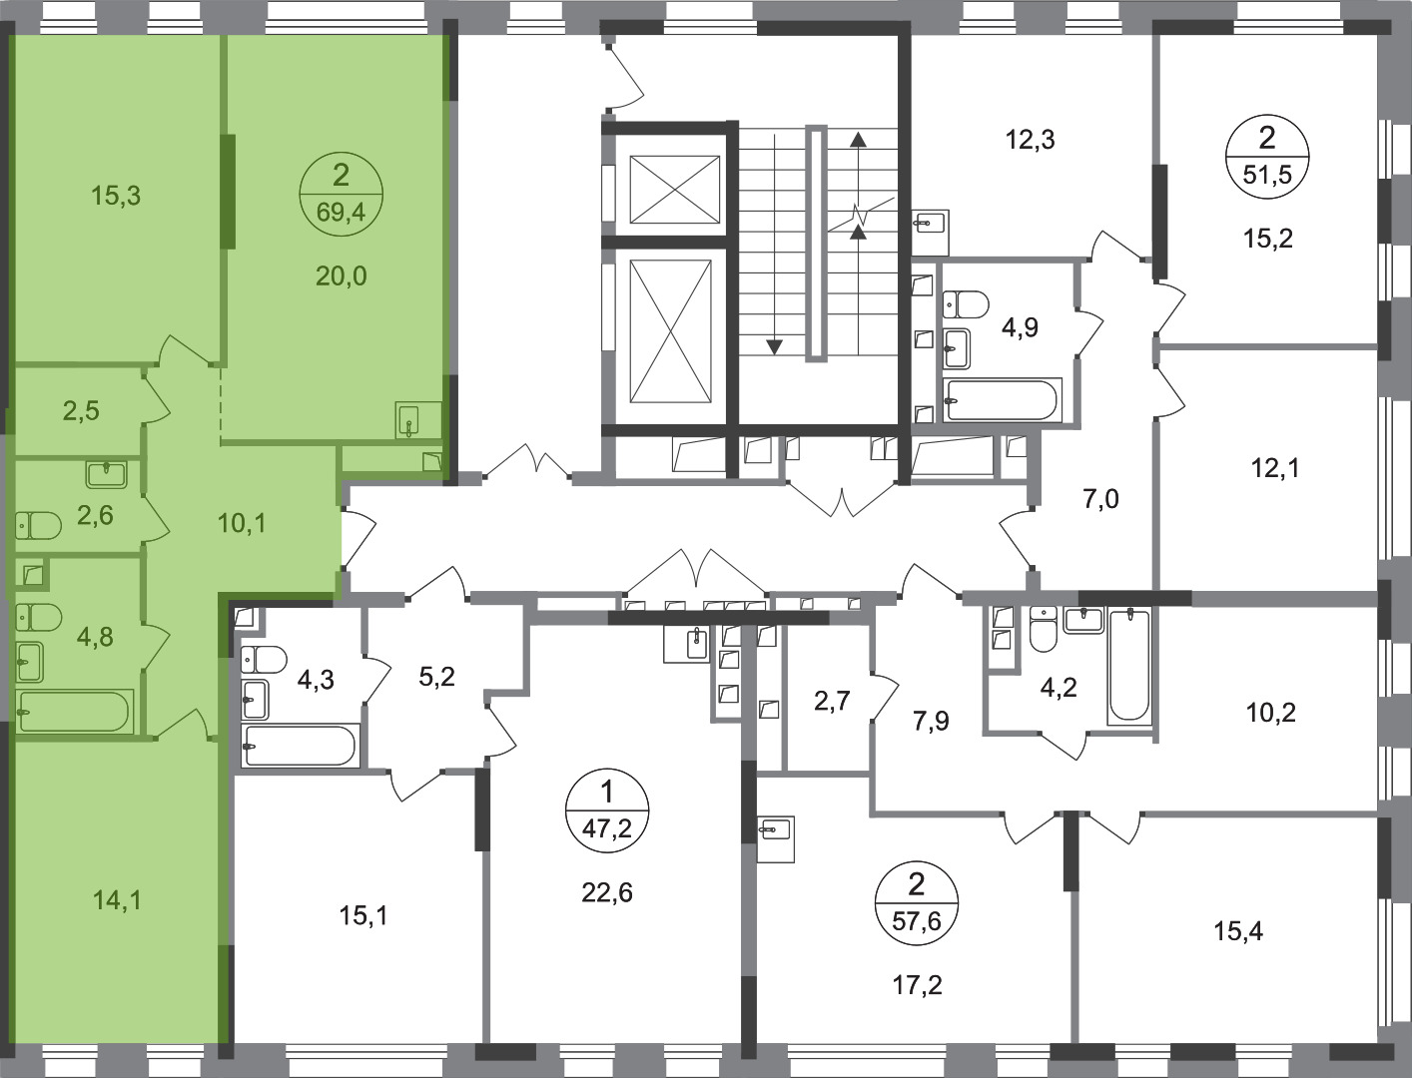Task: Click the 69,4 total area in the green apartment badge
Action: (x=341, y=212)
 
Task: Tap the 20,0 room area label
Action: (x=341, y=276)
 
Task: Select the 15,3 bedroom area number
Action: (x=116, y=196)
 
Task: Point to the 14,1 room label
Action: (x=117, y=900)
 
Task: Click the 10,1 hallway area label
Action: (x=242, y=524)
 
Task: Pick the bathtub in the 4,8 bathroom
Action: (x=75, y=712)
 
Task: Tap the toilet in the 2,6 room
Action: (x=38, y=525)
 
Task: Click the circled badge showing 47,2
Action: (x=606, y=809)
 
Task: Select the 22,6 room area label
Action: (x=606, y=892)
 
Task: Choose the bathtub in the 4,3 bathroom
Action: (x=301, y=746)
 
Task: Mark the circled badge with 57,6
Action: (x=917, y=902)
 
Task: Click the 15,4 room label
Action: (x=1238, y=931)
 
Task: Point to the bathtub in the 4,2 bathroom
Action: (x=1129, y=666)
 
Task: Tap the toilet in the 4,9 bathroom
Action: (x=966, y=304)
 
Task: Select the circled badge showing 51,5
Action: (x=1266, y=158)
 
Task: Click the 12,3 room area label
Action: (x=1030, y=140)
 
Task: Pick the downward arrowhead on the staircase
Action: (x=775, y=347)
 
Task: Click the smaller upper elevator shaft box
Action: (x=675, y=189)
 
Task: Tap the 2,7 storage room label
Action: (x=832, y=701)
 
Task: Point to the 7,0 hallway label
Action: (x=1100, y=498)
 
